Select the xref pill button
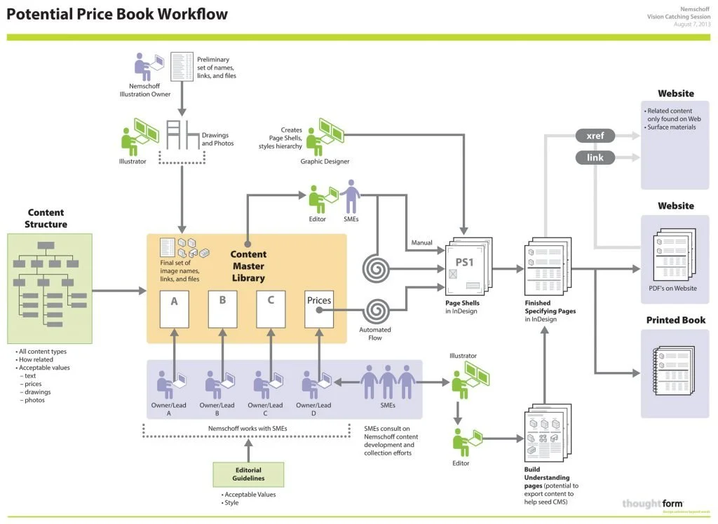(x=595, y=136)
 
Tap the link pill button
(x=595, y=158)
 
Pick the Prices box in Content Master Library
(x=319, y=308)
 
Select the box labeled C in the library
(x=270, y=308)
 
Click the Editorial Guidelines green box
(x=248, y=474)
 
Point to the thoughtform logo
(x=652, y=504)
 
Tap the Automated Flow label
(x=375, y=333)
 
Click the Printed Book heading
(x=675, y=320)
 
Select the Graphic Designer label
(x=325, y=162)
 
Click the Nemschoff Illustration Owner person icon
(x=145, y=68)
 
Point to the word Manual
(x=421, y=243)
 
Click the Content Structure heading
(x=46, y=218)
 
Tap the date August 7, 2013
(x=693, y=24)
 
